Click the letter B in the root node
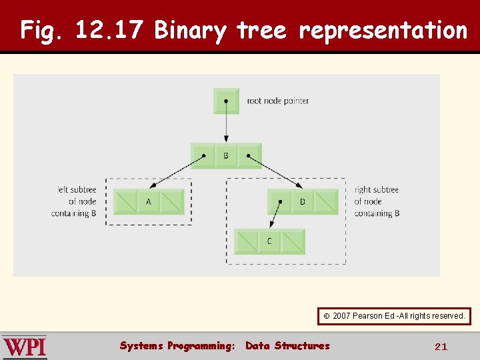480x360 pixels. pyautogui.click(x=226, y=156)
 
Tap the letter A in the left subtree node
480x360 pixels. pyautogui.click(x=148, y=201)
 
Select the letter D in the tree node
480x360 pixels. pyautogui.click(x=302, y=201)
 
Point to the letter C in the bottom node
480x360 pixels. pyautogui.click(x=269, y=241)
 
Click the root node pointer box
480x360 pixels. pyautogui.click(x=226, y=101)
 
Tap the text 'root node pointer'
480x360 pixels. pyautogui.click(x=278, y=101)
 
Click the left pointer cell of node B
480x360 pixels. pyautogui.click(x=203, y=156)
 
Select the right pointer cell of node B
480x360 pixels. pyautogui.click(x=249, y=156)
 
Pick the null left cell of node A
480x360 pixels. pyautogui.click(x=125, y=201)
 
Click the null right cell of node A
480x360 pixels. pyautogui.click(x=172, y=201)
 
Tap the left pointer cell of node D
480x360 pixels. pyautogui.click(x=279, y=201)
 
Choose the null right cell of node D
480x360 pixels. pyautogui.click(x=326, y=201)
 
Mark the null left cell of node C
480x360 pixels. pyautogui.click(x=246, y=241)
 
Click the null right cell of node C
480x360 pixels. pyautogui.click(x=293, y=241)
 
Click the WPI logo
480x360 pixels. pyautogui.click(x=25, y=347)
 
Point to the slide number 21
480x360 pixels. pyautogui.click(x=441, y=347)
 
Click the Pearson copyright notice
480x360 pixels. pyautogui.click(x=394, y=315)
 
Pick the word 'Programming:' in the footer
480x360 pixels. pyautogui.click(x=201, y=345)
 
